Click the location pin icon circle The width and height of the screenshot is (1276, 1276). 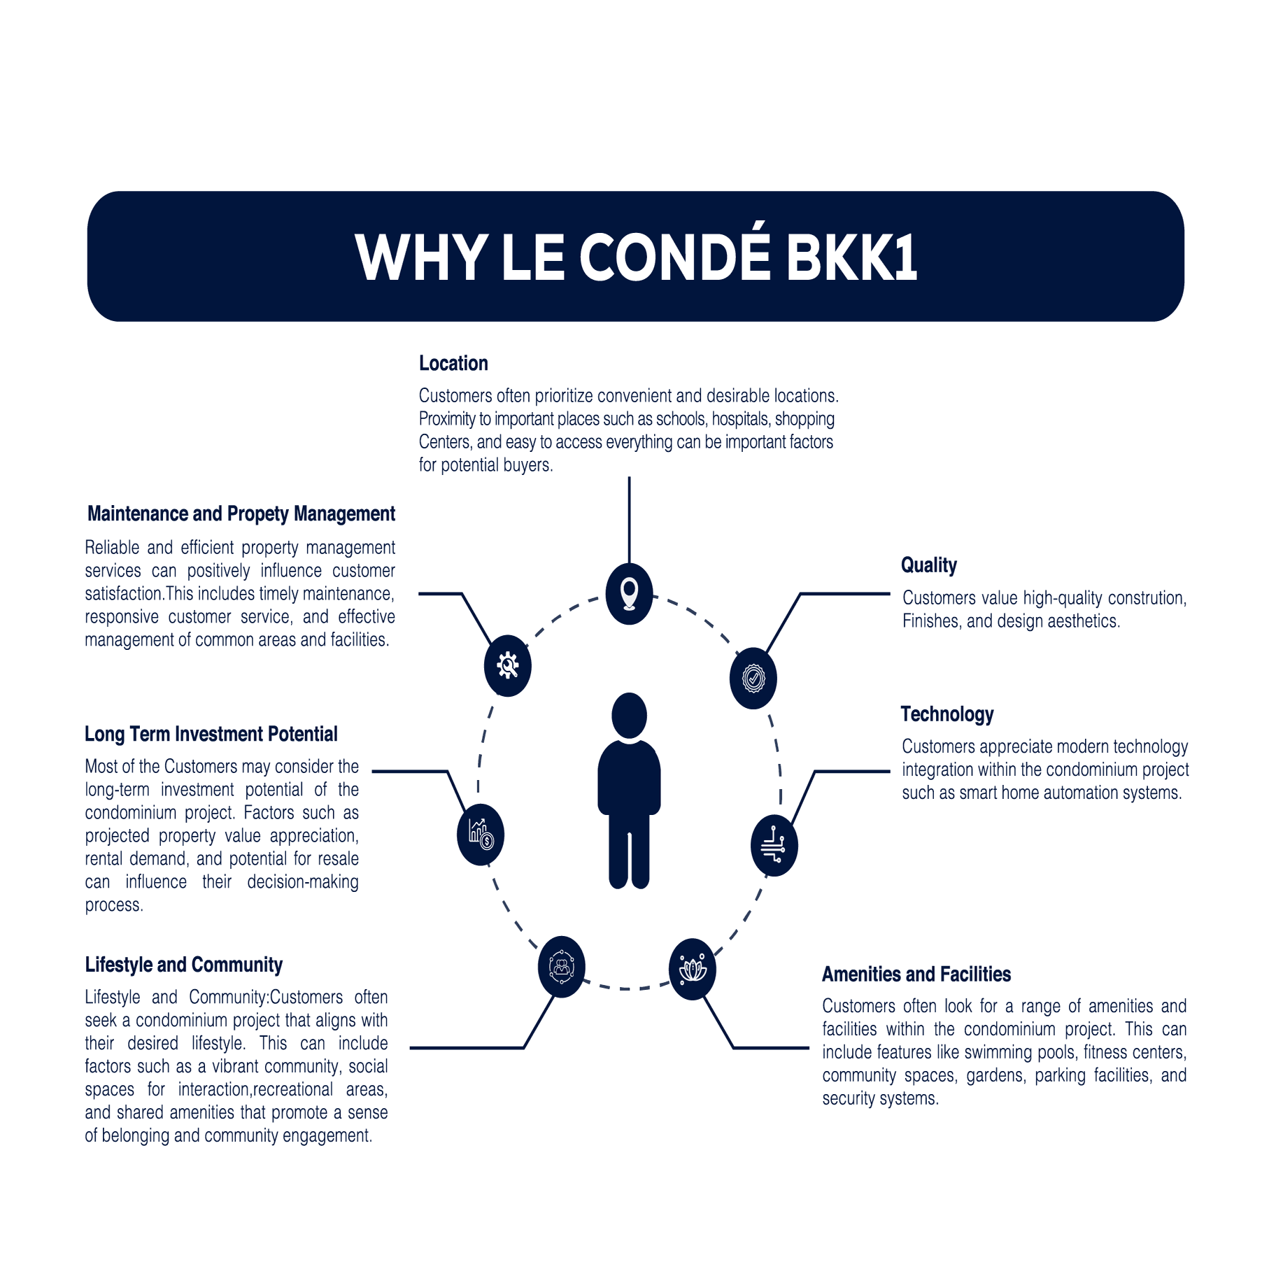629,593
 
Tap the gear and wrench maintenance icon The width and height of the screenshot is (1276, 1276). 507,665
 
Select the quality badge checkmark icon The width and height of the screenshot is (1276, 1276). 753,678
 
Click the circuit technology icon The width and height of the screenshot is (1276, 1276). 774,845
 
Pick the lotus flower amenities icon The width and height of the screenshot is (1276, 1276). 692,969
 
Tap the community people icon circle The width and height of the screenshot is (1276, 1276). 561,967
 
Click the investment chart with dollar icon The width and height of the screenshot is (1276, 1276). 480,834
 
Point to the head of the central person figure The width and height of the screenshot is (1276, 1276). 629,715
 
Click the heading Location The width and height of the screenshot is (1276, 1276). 453,363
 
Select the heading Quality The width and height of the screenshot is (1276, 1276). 928,565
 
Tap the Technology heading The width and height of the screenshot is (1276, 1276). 947,714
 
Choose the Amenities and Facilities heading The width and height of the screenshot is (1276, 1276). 916,974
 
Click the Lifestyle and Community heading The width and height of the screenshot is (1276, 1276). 183,965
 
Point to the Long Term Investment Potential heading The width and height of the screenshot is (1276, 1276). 211,734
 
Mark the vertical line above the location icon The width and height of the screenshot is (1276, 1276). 629,520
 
